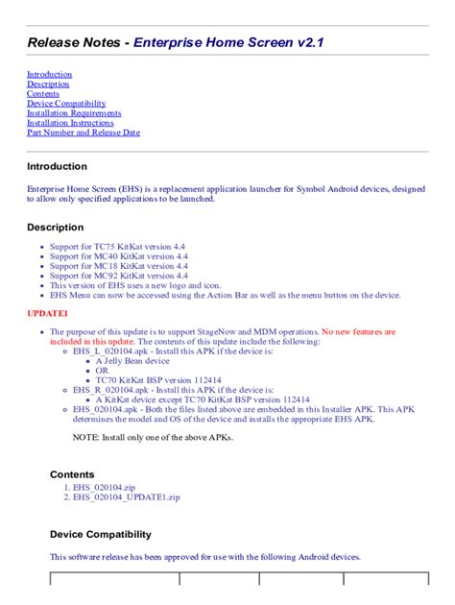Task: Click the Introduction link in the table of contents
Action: (x=49, y=74)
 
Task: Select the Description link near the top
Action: (x=48, y=84)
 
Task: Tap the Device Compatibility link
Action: (x=66, y=104)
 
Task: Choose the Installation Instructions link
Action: (x=70, y=123)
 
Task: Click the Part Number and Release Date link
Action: (x=84, y=133)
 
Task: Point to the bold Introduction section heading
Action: (x=57, y=166)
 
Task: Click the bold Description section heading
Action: (x=55, y=228)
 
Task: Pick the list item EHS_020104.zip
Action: (x=100, y=488)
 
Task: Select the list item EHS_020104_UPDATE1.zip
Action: (x=122, y=497)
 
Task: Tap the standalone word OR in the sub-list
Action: (x=102, y=370)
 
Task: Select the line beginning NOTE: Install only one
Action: (x=153, y=438)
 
